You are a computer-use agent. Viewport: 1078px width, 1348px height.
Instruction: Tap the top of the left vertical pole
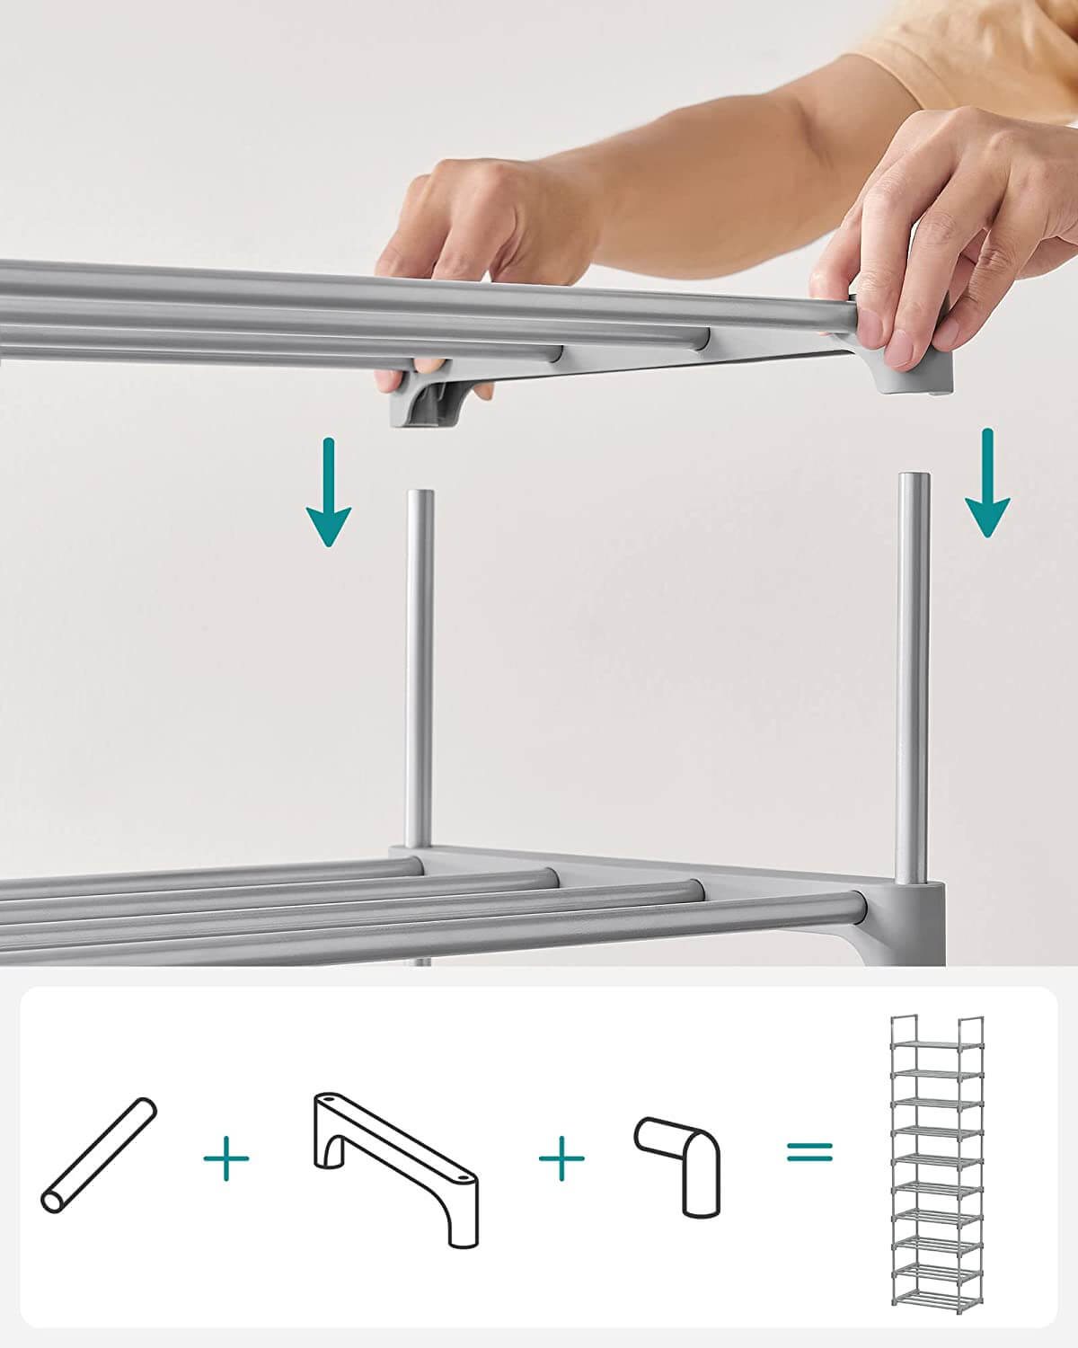420,496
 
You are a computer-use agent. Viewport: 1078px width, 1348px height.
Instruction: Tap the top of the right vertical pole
914,479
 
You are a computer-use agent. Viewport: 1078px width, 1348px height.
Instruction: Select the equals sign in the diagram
809,1151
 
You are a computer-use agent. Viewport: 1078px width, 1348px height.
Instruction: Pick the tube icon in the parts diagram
99,1154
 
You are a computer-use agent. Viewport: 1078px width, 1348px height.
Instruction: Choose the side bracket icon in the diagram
395,1167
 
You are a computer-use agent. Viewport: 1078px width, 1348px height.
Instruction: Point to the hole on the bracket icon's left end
327,1100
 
